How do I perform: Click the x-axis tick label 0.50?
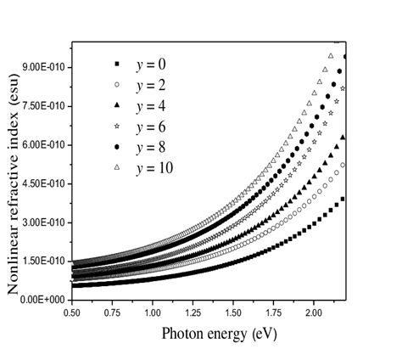[72, 313]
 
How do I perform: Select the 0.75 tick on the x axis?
[113, 313]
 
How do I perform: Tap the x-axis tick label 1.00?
[153, 313]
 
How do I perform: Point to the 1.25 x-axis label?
[193, 313]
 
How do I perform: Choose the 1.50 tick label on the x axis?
[233, 313]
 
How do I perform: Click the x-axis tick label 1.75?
[274, 313]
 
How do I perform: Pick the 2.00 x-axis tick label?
[314, 313]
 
